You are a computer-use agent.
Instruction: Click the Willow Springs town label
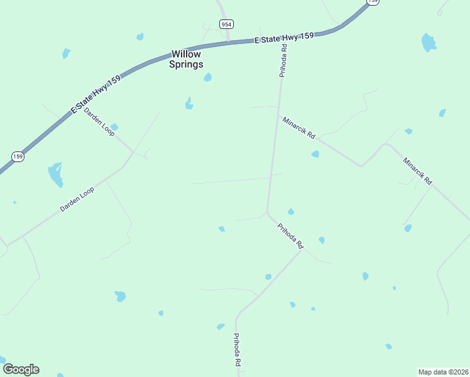pyautogui.click(x=186, y=59)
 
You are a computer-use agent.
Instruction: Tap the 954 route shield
pyautogui.click(x=226, y=24)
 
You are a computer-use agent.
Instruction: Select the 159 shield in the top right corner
pyautogui.click(x=373, y=2)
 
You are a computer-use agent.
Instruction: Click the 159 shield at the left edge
pyautogui.click(x=18, y=156)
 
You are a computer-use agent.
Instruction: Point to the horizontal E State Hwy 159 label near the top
pyautogui.click(x=284, y=39)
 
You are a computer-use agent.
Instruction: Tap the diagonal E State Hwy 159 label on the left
pyautogui.click(x=96, y=92)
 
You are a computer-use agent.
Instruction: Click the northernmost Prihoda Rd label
pyautogui.click(x=283, y=61)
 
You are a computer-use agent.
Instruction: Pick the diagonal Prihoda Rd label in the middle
pyautogui.click(x=290, y=236)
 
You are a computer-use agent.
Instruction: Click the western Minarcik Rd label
pyautogui.click(x=298, y=128)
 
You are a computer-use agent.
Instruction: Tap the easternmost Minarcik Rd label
pyautogui.click(x=418, y=170)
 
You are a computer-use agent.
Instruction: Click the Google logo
pyautogui.click(x=21, y=369)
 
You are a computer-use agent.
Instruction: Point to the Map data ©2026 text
pyautogui.click(x=443, y=372)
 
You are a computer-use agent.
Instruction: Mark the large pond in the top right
pyautogui.click(x=429, y=43)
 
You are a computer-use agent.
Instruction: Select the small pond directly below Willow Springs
pyautogui.click(x=207, y=77)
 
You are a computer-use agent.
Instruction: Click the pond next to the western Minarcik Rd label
pyautogui.click(x=315, y=154)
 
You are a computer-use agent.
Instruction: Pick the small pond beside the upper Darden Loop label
pyautogui.click(x=114, y=127)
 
